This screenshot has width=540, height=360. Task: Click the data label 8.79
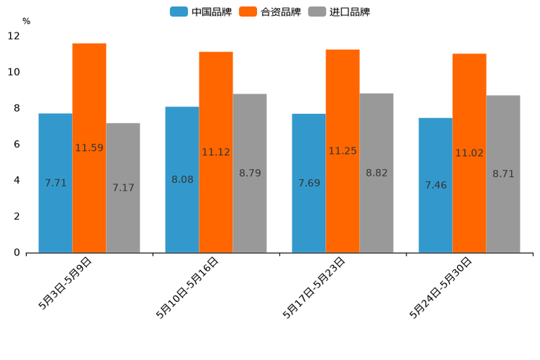pos(250,173)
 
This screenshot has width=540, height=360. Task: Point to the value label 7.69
pos(309,183)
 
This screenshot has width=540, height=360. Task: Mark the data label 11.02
pos(470,153)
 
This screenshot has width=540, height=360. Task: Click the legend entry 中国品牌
pos(201,12)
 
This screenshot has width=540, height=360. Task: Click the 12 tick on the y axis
pos(14,36)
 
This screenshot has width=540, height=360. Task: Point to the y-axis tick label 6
pos(16,144)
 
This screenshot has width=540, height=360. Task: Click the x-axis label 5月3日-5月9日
pos(66,284)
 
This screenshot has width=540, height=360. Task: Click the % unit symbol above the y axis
pos(26,21)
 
